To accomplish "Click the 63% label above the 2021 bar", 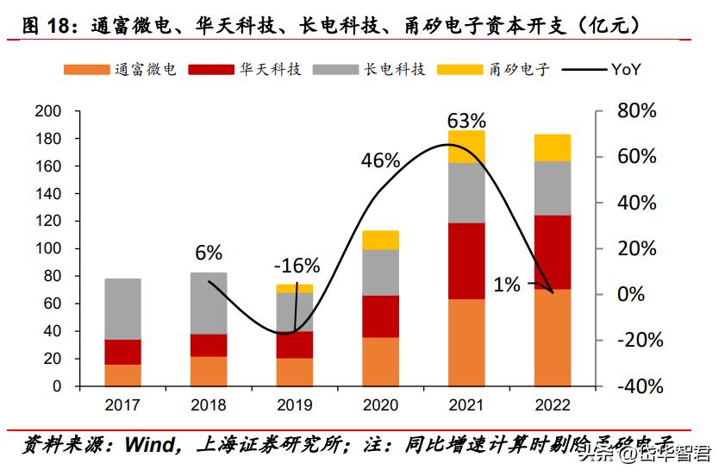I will coord(466,120).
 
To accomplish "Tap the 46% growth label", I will coord(380,160).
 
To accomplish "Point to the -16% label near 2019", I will coord(297,265).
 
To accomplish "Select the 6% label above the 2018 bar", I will coord(209,253).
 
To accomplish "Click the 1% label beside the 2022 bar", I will coord(507,285).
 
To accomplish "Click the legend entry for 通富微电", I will coord(120,69).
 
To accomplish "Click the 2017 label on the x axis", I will coord(122,405).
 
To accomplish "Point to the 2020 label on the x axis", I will coord(380,405).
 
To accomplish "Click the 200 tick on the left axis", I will coord(47,111).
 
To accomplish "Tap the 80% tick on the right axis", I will coord(637,111).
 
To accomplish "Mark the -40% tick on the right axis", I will coord(637,386).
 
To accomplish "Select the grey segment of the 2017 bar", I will coord(122,309).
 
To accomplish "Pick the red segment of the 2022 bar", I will coord(553,252).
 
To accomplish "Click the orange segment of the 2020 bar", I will coord(380,361).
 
